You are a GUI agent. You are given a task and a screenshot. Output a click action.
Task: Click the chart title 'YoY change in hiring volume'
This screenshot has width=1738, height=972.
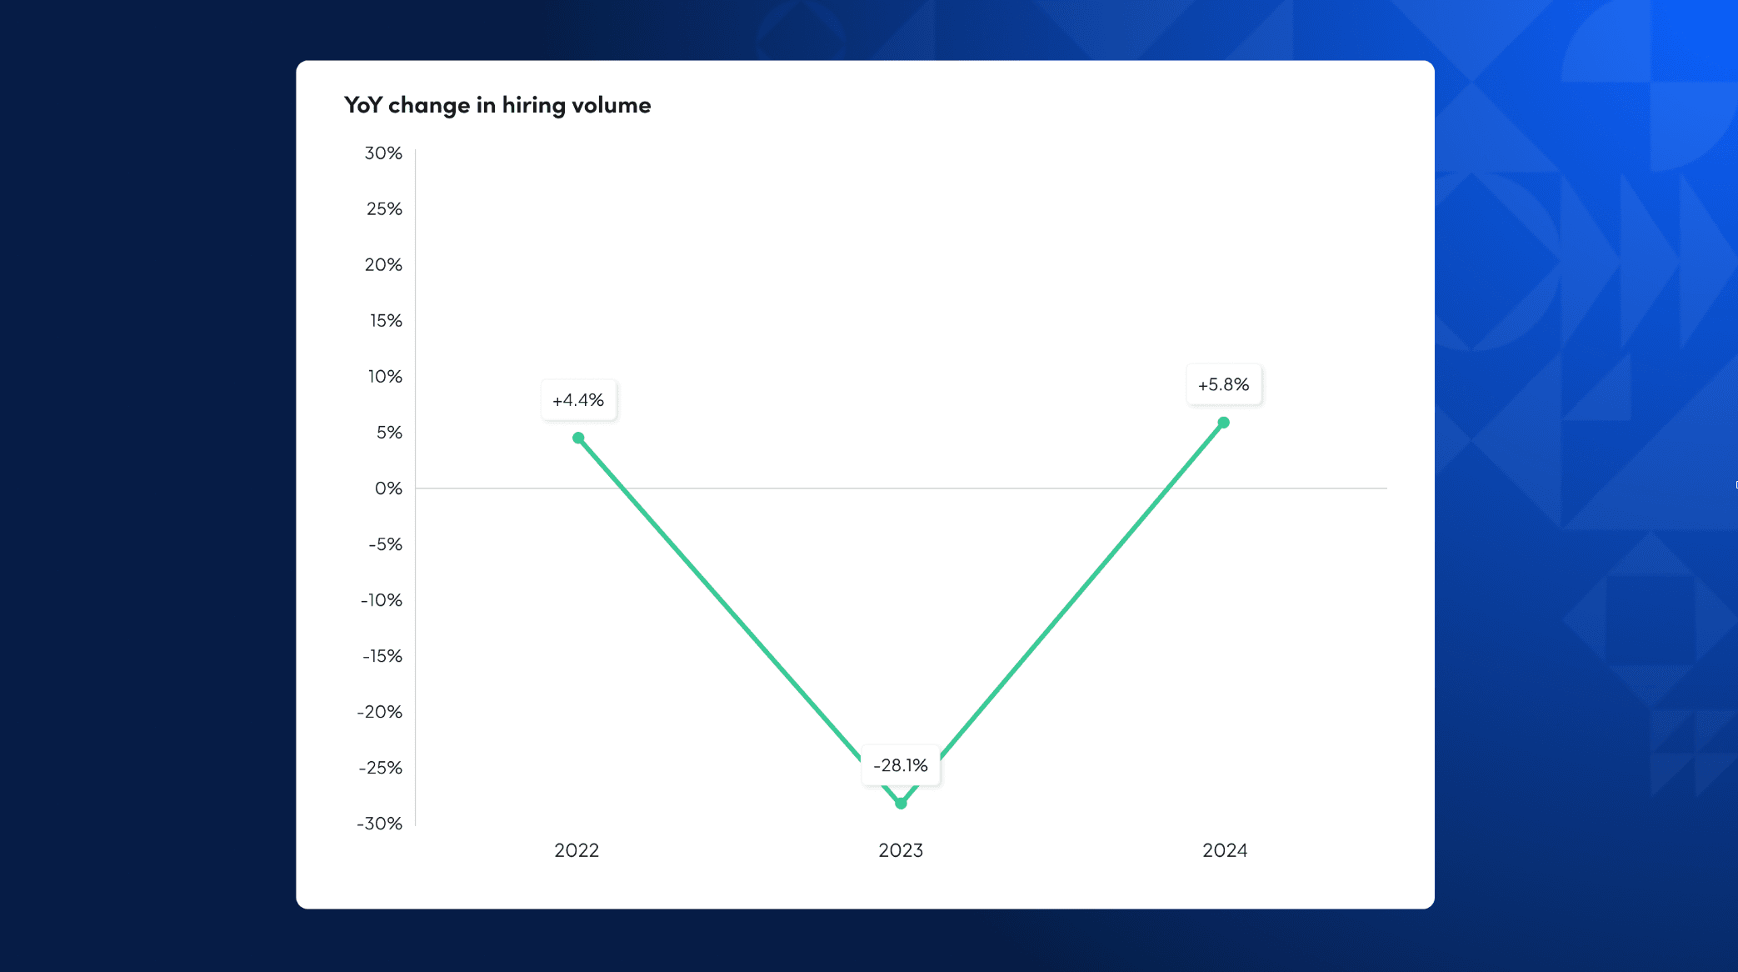(497, 105)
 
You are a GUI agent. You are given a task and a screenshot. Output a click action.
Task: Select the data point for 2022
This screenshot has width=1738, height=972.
(578, 438)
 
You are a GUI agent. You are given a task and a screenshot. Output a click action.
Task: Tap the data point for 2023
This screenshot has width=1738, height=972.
(901, 804)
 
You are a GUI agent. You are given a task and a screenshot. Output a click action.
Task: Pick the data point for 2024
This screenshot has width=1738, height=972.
(1223, 423)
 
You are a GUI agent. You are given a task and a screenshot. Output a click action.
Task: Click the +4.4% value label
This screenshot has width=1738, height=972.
(578, 400)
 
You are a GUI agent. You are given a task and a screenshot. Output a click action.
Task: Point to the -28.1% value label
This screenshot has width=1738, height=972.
(901, 765)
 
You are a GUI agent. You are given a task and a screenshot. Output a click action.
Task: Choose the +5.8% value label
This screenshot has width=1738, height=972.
(1223, 384)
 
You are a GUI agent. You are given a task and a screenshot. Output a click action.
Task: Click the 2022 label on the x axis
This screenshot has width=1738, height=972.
(577, 850)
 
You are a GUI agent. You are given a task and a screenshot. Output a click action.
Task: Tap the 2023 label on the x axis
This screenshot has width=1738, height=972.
(901, 850)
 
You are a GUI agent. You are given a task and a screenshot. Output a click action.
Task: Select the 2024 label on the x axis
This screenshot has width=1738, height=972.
(1225, 850)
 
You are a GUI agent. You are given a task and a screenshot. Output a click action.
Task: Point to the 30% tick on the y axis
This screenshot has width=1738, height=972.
(383, 153)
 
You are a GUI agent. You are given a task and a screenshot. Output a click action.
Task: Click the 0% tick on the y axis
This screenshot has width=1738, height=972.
(388, 489)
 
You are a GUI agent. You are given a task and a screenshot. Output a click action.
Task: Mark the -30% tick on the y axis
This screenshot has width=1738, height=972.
(380, 824)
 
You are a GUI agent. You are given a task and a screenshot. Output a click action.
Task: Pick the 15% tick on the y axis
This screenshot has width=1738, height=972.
(386, 321)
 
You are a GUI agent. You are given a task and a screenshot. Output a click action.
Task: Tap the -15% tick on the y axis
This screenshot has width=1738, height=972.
(382, 656)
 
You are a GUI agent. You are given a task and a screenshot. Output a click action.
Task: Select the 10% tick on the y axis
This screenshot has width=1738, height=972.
(385, 377)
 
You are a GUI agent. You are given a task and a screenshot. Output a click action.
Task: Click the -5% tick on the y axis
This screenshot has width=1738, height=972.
(385, 544)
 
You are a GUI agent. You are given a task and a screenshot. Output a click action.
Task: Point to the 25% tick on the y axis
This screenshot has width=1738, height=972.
(384, 209)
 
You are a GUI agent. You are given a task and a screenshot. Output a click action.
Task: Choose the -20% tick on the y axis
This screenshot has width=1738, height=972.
(380, 712)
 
